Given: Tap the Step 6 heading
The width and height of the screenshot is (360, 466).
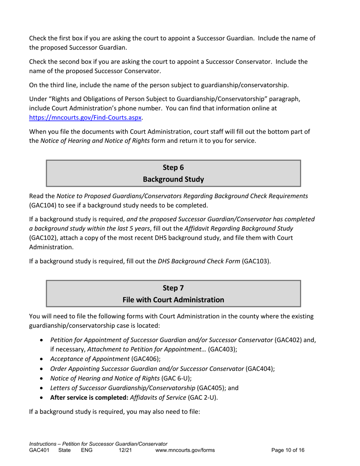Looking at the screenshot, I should point(173,167).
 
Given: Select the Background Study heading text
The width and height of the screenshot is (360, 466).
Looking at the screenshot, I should point(173,179).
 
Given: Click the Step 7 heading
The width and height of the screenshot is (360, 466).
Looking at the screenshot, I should point(173,288).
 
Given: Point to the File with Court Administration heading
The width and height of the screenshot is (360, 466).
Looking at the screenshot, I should point(173,300).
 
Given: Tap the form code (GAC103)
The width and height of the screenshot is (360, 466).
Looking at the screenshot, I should point(256,261).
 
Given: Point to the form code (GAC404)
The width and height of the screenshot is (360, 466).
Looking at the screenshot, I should point(260,368).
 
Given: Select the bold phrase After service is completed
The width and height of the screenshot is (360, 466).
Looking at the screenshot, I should point(89,397).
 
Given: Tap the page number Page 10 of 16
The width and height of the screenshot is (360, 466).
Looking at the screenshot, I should point(288,450).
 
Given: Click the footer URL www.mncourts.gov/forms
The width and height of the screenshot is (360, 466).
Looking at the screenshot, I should point(185,450).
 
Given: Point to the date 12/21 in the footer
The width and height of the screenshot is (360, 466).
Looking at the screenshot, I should point(125,450).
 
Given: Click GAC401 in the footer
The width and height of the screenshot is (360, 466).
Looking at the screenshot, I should point(39,450).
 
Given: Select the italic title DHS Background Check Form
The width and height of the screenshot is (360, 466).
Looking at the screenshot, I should point(199,261).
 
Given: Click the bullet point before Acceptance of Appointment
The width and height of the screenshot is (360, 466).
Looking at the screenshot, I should point(42,359).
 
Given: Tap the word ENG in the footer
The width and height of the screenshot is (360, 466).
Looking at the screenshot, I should point(87,450).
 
